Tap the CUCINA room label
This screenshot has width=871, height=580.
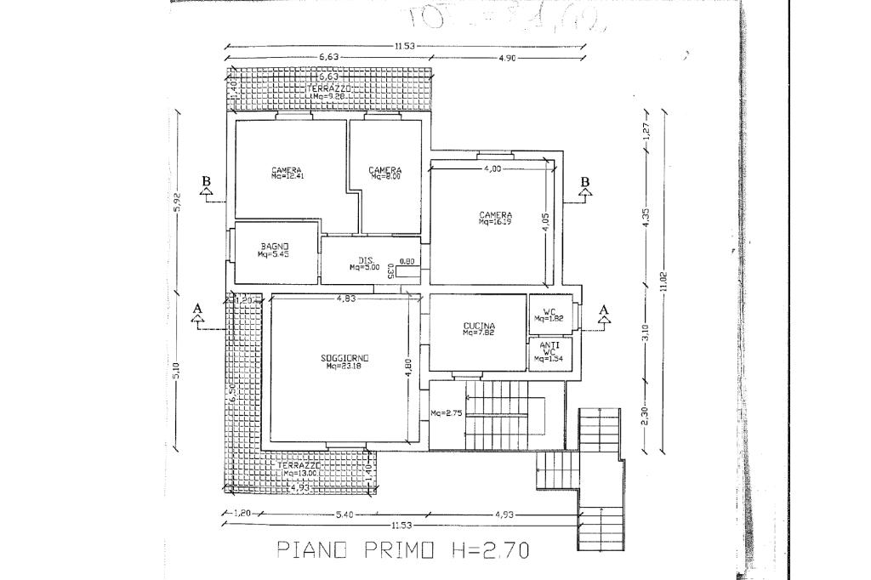pyautogui.click(x=479, y=329)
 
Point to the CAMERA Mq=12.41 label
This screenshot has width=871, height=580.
pyautogui.click(x=287, y=173)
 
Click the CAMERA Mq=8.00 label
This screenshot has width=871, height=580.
pyautogui.click(x=384, y=173)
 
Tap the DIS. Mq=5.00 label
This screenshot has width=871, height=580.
pyautogui.click(x=365, y=264)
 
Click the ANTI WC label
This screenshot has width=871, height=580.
pyautogui.click(x=549, y=351)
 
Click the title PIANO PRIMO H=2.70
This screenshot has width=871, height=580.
pyautogui.click(x=403, y=550)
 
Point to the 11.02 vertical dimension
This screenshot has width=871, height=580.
pyautogui.click(x=664, y=281)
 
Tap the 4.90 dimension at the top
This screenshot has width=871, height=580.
pyautogui.click(x=503, y=59)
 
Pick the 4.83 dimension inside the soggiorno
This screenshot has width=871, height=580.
pyautogui.click(x=345, y=299)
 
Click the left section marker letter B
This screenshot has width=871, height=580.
pyautogui.click(x=206, y=181)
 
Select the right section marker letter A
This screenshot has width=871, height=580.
pyautogui.click(x=605, y=309)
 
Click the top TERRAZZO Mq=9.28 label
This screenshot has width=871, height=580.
pyautogui.click(x=327, y=92)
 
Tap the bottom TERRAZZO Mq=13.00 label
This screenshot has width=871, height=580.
pyautogui.click(x=299, y=469)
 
